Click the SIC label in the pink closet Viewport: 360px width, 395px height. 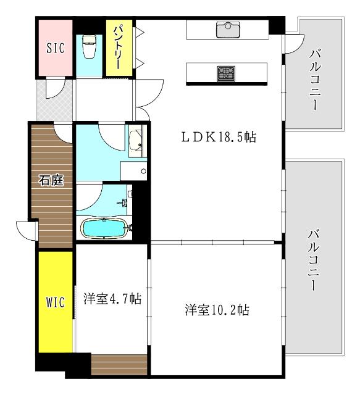(54, 49)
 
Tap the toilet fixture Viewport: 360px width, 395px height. (88, 47)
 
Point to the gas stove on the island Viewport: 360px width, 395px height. (225, 73)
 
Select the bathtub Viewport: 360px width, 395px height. (105, 228)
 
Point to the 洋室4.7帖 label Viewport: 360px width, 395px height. (112, 299)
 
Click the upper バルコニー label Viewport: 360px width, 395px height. (315, 81)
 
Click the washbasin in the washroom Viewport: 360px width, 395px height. (136, 140)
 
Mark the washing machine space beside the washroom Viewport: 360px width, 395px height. (133, 170)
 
